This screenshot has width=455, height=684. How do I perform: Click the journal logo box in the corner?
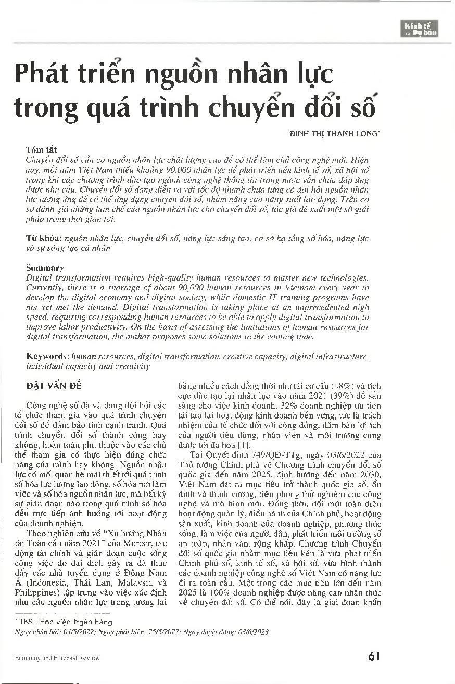coord(421,29)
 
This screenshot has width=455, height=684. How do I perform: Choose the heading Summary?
coord(45,268)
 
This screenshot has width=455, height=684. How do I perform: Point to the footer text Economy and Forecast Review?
coord(57,658)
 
